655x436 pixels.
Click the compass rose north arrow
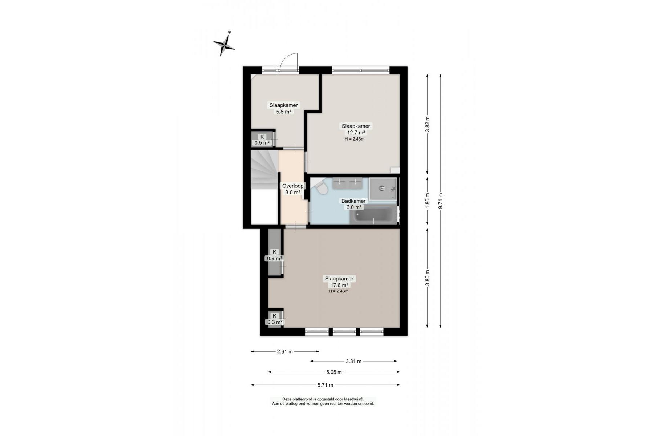224,44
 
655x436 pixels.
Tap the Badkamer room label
353,201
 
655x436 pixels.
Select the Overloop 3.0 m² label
293,189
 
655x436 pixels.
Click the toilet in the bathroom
321,188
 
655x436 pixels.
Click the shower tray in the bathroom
383,189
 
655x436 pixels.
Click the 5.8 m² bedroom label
283,108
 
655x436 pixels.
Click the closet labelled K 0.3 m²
275,319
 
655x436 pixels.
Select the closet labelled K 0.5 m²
262,140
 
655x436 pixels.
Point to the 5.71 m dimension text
326,385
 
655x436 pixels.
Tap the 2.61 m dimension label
285,351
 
